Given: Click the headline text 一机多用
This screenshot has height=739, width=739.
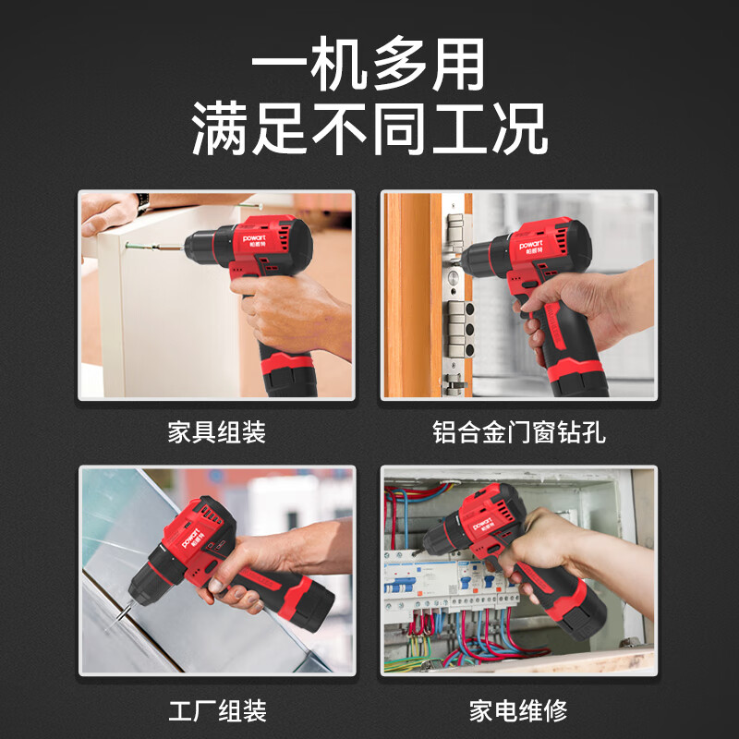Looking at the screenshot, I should pyautogui.click(x=369, y=67).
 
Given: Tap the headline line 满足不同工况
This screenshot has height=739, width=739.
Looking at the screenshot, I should pyautogui.click(x=369, y=129).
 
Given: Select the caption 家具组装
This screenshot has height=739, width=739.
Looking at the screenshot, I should pyautogui.click(x=216, y=431).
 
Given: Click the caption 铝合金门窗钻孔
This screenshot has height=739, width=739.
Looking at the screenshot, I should pyautogui.click(x=518, y=431).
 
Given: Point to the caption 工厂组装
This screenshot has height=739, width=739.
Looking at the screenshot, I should pyautogui.click(x=216, y=710).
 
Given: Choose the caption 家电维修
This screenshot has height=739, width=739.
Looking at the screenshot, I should pyautogui.click(x=518, y=710).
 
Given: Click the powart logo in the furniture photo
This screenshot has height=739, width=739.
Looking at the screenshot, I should pyautogui.click(x=256, y=236).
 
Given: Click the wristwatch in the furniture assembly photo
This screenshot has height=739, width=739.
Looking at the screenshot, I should pyautogui.click(x=143, y=201).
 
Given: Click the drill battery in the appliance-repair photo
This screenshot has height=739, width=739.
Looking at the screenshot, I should pyautogui.click(x=581, y=613).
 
